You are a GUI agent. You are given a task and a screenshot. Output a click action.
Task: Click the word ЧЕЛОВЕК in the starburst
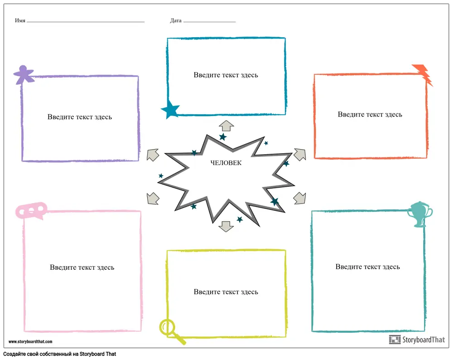(x=226, y=163)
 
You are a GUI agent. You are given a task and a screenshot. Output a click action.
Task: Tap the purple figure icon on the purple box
(x=24, y=74)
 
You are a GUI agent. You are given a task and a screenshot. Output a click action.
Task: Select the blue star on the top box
(x=170, y=109)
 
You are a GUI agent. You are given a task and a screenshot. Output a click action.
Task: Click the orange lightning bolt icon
(x=423, y=73)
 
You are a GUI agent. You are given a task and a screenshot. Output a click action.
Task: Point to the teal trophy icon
(x=419, y=214)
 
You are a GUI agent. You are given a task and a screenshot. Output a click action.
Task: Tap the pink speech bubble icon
(x=32, y=210)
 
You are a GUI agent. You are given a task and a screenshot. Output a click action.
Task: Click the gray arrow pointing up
(x=226, y=126)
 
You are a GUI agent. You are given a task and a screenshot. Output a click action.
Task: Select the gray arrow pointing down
(x=226, y=225)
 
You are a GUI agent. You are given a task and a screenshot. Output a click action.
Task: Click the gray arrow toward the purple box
(x=153, y=155)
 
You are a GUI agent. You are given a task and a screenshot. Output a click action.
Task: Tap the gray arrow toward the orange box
(x=299, y=154)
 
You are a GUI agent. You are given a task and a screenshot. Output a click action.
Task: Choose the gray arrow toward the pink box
(x=153, y=198)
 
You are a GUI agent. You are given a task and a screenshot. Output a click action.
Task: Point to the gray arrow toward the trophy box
(x=300, y=198)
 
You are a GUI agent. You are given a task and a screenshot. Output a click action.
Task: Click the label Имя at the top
(x=20, y=21)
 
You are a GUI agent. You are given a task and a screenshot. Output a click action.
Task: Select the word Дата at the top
(x=176, y=21)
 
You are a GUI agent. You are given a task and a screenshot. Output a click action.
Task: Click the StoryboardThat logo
(x=417, y=340)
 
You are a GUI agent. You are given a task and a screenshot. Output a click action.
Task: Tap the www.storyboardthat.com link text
(x=30, y=342)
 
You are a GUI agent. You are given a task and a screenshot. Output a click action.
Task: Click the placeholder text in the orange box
(x=370, y=114)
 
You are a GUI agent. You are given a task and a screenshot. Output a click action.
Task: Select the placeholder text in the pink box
(x=82, y=268)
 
